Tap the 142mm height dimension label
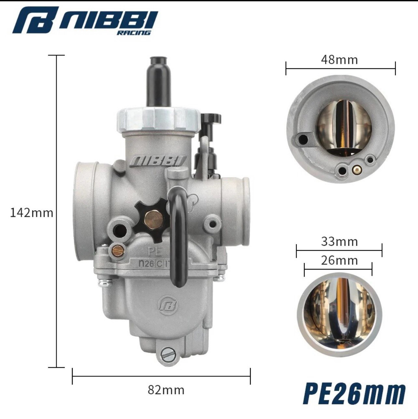pyautogui.click(x=32, y=213)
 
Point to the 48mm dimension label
pyautogui.click(x=339, y=60)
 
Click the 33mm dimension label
pyautogui.click(x=339, y=242)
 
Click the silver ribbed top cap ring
pyautogui.click(x=159, y=119)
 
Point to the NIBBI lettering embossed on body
pyautogui.click(x=158, y=161)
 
